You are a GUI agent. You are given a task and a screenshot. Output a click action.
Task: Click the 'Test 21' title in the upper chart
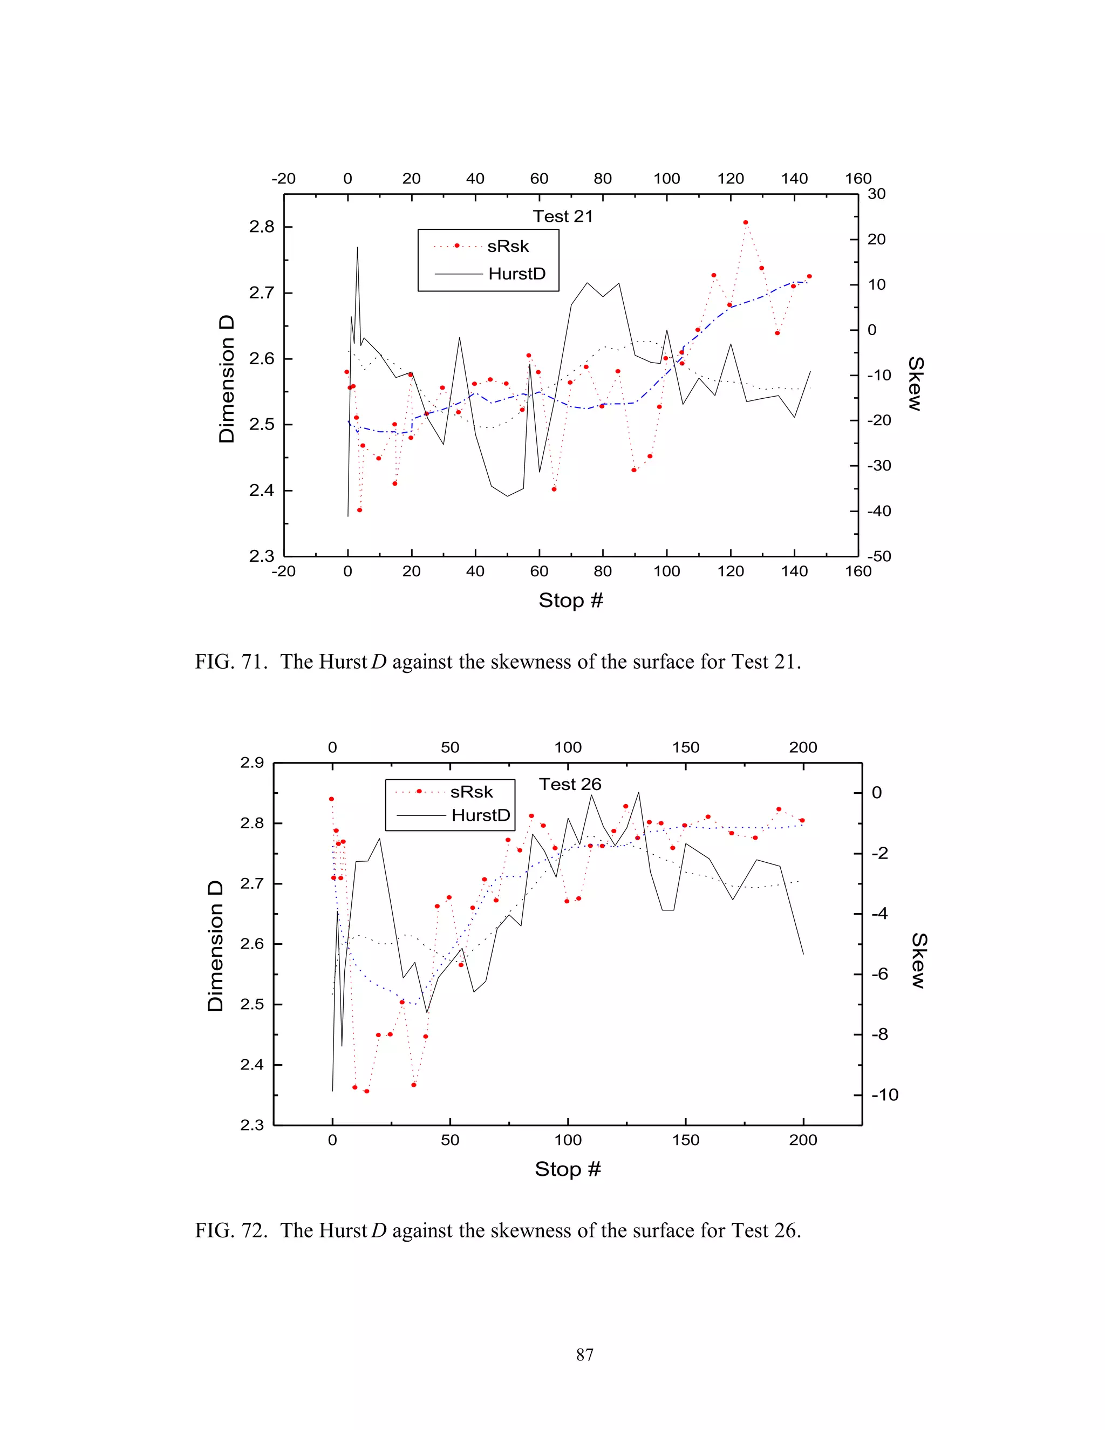(562, 217)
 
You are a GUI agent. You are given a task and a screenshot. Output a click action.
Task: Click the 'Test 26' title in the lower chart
(570, 785)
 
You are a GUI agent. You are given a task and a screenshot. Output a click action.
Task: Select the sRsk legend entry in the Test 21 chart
(507, 246)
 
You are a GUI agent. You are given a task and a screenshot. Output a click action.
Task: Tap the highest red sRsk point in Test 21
(746, 223)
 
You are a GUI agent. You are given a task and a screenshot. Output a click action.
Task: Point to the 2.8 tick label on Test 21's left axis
(261, 227)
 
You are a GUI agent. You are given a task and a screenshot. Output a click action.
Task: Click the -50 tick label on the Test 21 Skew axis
(879, 556)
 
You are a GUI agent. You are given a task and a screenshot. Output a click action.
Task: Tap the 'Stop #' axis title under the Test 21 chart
(570, 601)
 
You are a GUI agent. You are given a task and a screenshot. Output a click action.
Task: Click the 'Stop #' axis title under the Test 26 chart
(568, 1169)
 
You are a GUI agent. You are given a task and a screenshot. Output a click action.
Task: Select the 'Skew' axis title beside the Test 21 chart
(915, 384)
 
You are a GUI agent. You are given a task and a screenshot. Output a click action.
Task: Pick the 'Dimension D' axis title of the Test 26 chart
(215, 945)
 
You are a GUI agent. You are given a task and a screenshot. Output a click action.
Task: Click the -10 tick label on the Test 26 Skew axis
(884, 1095)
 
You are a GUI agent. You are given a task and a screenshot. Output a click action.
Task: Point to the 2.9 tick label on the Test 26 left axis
(252, 763)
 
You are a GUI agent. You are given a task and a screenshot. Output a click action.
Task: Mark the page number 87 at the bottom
(584, 1354)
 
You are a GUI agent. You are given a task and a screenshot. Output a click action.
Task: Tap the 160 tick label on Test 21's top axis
(857, 179)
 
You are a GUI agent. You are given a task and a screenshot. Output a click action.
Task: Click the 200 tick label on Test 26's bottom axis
(802, 1140)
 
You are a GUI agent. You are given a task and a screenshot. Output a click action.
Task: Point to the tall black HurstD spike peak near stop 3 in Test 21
(357, 248)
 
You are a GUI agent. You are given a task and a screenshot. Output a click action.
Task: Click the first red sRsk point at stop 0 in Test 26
(331, 799)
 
